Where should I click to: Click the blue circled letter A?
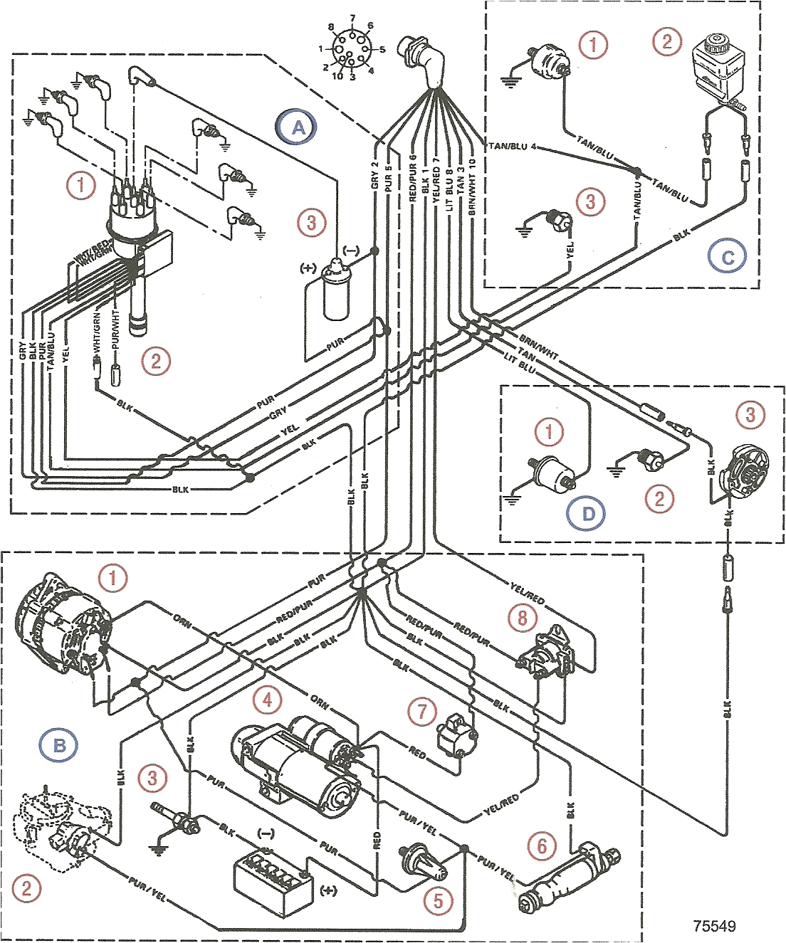tap(298, 127)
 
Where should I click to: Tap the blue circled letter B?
tap(59, 745)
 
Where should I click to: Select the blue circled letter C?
tap(728, 256)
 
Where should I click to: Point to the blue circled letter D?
tap(588, 513)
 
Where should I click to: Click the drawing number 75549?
tap(714, 926)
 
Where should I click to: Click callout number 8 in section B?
tap(523, 616)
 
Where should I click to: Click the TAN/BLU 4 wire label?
tap(512, 146)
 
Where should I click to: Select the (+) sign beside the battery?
tap(328, 890)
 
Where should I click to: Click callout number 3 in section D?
tap(750, 414)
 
